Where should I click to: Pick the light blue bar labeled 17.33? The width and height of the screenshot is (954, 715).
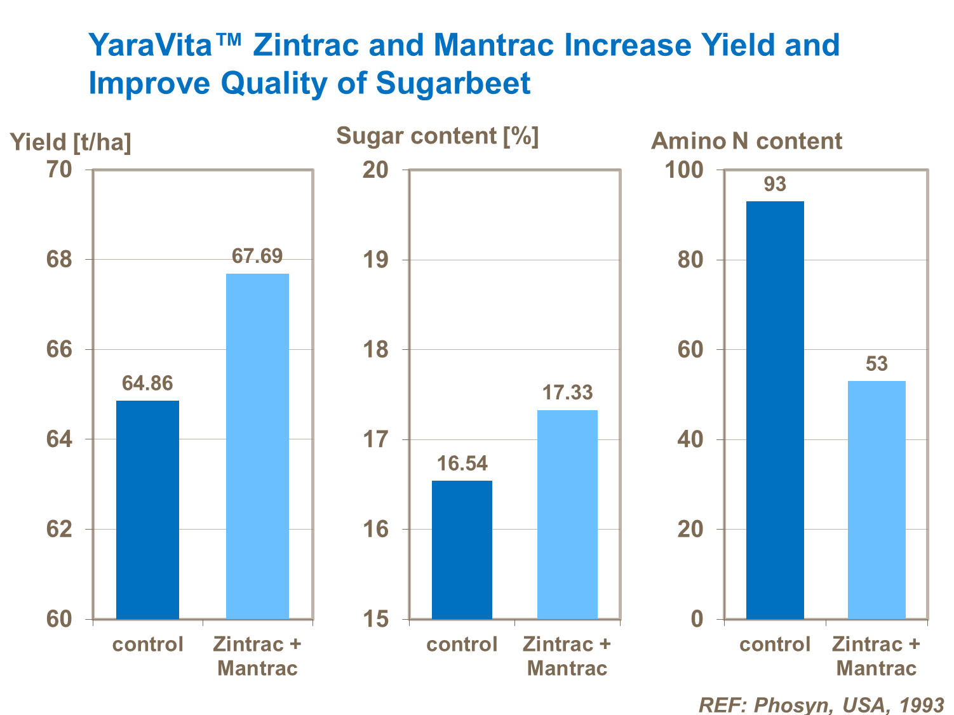click(567, 514)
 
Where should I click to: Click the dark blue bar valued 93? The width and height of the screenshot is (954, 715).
click(775, 410)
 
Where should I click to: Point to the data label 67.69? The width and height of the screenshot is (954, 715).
click(257, 256)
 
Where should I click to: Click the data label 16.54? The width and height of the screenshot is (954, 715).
click(462, 464)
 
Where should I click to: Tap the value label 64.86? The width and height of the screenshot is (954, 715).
click(147, 383)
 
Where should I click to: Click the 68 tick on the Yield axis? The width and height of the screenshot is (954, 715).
click(59, 260)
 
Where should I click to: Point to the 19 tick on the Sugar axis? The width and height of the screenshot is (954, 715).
click(375, 260)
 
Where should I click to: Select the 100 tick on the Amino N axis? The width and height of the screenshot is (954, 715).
click(684, 170)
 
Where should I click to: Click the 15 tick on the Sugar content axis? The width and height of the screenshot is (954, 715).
click(375, 619)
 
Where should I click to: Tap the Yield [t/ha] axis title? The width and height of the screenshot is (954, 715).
click(71, 142)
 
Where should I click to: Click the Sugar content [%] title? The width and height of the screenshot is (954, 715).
click(437, 136)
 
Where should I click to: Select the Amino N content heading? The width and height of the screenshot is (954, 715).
click(746, 141)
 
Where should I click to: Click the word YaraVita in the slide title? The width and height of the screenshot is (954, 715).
click(165, 45)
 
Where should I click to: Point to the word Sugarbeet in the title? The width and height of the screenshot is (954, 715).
click(453, 83)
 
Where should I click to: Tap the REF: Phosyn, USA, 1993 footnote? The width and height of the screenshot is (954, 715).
click(821, 704)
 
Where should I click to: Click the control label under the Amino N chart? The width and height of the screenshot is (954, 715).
click(775, 645)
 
